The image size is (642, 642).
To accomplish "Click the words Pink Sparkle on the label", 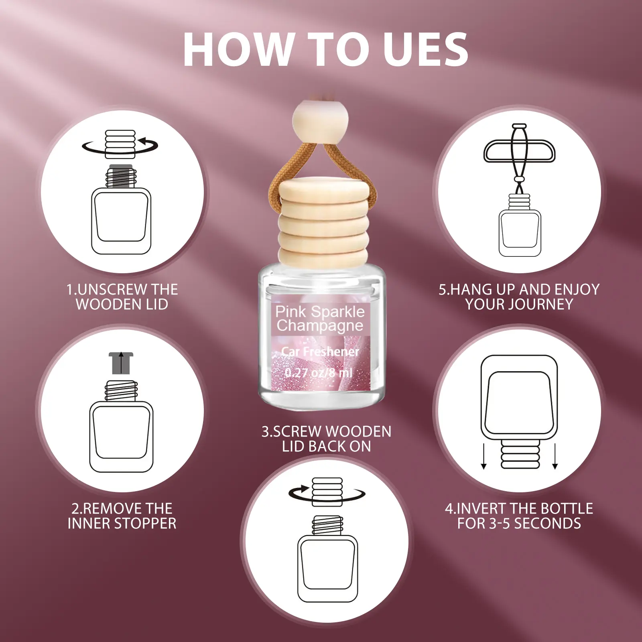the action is point(320,311).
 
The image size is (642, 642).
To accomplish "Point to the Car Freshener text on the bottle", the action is point(320,351).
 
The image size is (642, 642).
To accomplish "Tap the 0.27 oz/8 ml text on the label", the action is point(319,373).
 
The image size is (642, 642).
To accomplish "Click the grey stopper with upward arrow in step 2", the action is point(121,363).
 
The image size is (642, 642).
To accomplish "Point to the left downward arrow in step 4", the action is point(484,456).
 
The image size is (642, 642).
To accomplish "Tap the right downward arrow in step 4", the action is point(555,456).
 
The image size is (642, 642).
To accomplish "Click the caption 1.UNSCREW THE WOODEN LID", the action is point(122,297).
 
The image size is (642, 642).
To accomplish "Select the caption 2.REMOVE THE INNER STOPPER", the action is point(122,516).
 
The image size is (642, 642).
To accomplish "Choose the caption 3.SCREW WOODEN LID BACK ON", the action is point(326,439).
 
